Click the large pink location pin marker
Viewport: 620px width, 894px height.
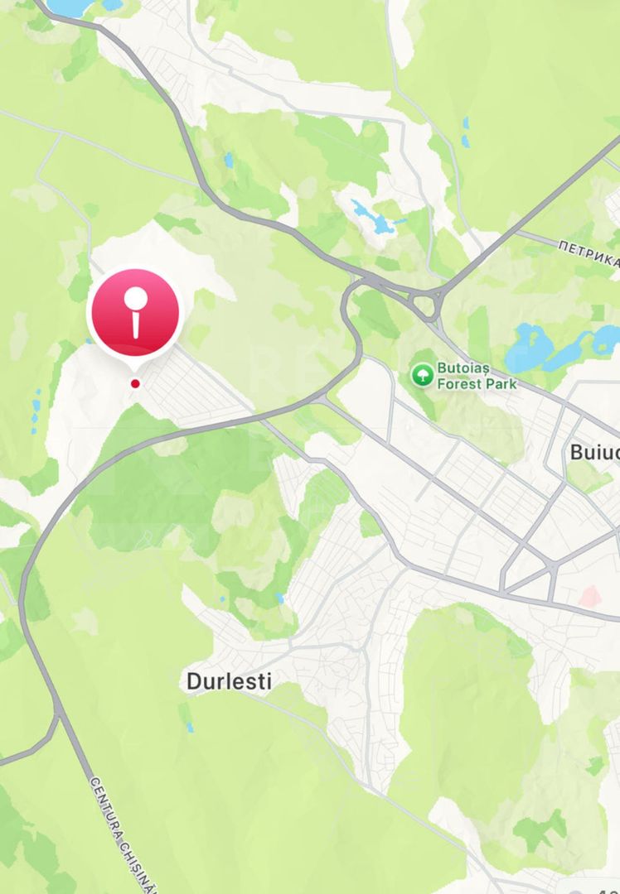tap(134, 313)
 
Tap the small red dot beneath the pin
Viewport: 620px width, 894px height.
tap(135, 383)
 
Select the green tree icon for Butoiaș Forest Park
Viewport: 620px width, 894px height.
tap(423, 375)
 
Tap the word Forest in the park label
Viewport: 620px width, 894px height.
tap(458, 384)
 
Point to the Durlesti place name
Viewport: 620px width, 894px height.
tap(229, 681)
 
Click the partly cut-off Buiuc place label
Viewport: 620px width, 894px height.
tap(594, 452)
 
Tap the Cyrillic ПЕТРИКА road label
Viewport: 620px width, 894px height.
tap(589, 254)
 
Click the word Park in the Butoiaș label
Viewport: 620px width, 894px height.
tap(501, 384)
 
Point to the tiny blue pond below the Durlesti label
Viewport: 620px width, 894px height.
tap(189, 727)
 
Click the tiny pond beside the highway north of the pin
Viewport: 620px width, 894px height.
tap(227, 159)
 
